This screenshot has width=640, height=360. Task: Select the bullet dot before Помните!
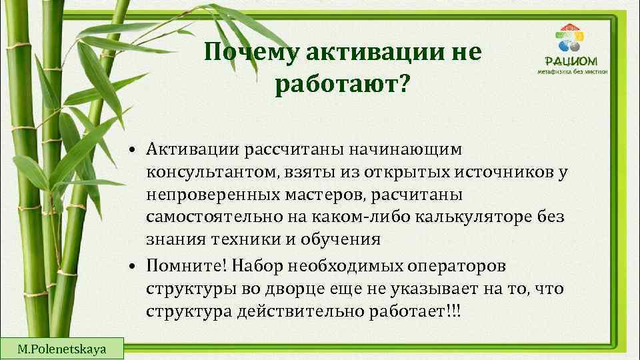(134, 267)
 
